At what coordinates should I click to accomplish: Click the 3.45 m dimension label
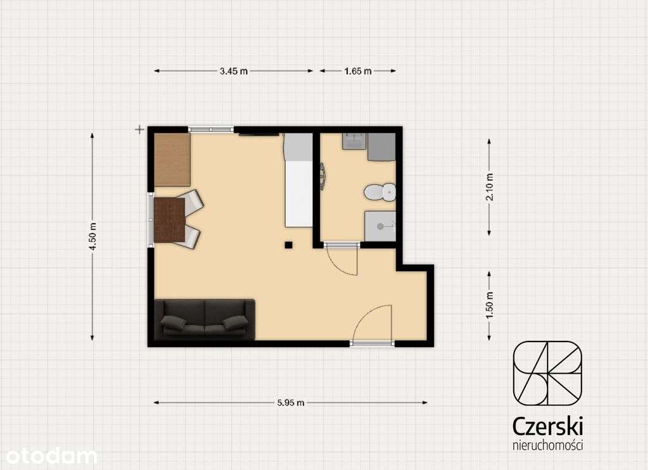[234, 71]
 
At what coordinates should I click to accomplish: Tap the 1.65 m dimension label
[358, 71]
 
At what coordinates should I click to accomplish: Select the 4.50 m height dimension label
[92, 236]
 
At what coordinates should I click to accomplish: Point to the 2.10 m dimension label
[490, 187]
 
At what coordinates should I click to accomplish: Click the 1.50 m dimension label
[490, 305]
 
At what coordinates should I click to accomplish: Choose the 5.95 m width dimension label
[291, 403]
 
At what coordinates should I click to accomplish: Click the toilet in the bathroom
[380, 192]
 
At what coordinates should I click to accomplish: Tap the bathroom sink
[354, 141]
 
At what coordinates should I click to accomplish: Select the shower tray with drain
[380, 226]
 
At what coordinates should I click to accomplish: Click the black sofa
[204, 319]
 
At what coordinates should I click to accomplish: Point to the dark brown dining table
[170, 220]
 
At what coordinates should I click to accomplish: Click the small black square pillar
[289, 245]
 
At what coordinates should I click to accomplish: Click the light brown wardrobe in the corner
[172, 160]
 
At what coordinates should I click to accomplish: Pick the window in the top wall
[211, 129]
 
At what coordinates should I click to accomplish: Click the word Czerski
[547, 426]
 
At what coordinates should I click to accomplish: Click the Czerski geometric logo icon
[547, 373]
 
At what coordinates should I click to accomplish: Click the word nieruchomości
[547, 445]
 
